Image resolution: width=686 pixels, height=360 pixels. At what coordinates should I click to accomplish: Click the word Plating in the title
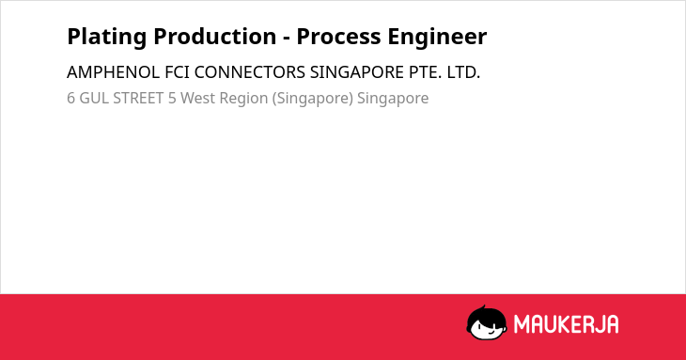click(107, 37)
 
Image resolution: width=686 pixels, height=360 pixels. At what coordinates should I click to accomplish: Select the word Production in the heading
click(215, 36)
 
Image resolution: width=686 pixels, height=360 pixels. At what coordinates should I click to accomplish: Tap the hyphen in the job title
click(287, 39)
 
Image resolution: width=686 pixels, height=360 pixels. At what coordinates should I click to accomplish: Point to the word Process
click(338, 37)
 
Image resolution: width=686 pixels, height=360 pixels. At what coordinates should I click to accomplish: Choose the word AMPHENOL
click(114, 72)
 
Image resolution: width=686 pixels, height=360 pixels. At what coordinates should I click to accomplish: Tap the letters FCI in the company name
click(178, 72)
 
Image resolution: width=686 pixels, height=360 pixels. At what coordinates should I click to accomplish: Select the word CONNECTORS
click(250, 72)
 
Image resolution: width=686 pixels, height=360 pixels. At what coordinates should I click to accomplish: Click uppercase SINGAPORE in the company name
click(357, 72)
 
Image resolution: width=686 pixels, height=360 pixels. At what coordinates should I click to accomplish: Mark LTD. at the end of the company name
click(463, 72)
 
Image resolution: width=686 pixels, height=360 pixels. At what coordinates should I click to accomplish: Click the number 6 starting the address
click(70, 98)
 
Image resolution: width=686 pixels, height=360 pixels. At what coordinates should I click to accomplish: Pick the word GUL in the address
click(94, 98)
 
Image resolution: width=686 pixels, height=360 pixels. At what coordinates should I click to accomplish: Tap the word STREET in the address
click(138, 98)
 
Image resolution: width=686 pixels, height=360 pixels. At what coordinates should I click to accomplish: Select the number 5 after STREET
click(172, 98)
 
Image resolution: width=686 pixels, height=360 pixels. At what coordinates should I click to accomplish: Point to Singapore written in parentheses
click(312, 99)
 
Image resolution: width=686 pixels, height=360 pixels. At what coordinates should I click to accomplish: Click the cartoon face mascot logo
click(487, 322)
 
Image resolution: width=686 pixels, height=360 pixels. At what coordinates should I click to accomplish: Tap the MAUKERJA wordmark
click(566, 324)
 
